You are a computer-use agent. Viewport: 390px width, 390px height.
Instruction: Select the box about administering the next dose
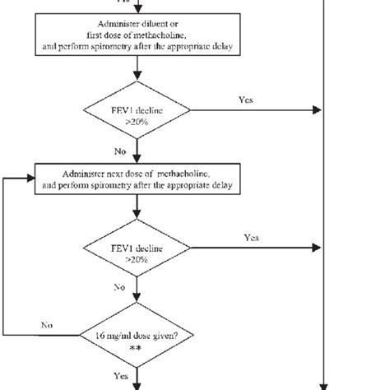tap(136, 181)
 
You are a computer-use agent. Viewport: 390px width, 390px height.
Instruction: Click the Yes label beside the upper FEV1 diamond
tap(245, 100)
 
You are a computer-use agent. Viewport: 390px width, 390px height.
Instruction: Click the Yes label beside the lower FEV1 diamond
tap(252, 238)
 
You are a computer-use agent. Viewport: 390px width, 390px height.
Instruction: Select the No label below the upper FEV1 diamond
tap(118, 151)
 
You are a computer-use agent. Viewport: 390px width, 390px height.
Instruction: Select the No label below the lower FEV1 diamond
tap(118, 288)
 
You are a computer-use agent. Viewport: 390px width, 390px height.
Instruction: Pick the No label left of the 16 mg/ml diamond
tap(48, 325)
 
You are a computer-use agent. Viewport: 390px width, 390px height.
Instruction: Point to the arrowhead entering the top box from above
tap(136, 9)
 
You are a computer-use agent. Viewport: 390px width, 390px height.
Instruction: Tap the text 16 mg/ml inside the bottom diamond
tap(118, 337)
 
